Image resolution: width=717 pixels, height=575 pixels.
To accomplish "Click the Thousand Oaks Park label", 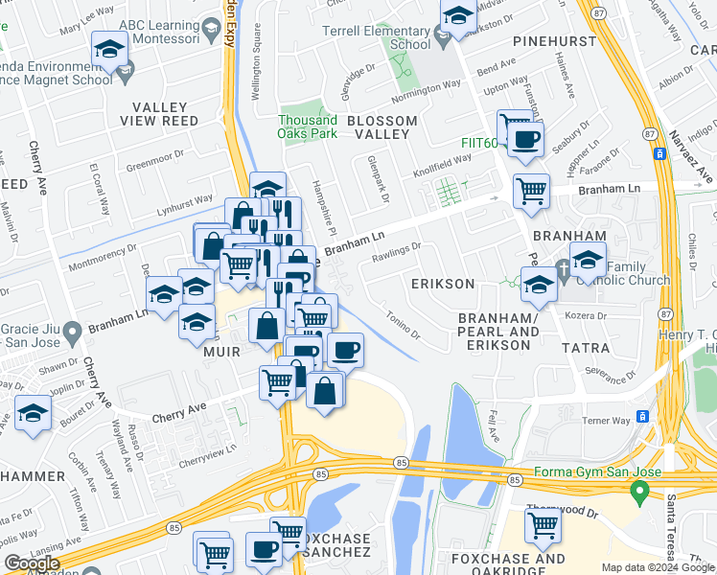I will pos(308,126).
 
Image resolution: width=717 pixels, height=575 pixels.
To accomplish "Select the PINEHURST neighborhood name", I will pos(555,42).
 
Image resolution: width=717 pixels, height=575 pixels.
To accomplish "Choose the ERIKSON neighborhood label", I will pos(442,284).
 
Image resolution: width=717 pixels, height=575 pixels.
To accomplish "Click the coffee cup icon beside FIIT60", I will pos(524,140).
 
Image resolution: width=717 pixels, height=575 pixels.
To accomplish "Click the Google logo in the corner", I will pos(33,563).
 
